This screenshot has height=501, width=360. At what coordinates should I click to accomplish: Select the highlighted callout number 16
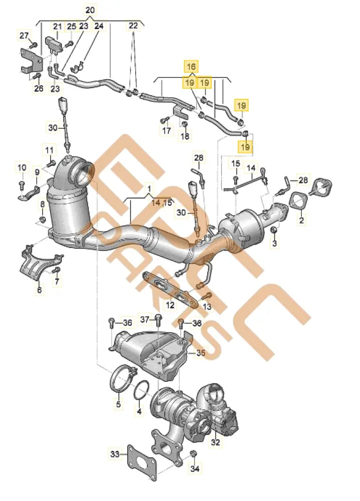[191, 66]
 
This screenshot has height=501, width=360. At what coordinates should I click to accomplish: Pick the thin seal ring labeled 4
[142, 391]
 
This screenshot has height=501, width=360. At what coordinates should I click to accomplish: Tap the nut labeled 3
[274, 230]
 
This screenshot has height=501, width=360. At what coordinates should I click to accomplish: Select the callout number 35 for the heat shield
[201, 353]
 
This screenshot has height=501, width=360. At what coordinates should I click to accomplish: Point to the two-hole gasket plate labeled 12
[169, 288]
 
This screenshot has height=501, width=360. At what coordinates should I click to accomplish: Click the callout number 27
[24, 35]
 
